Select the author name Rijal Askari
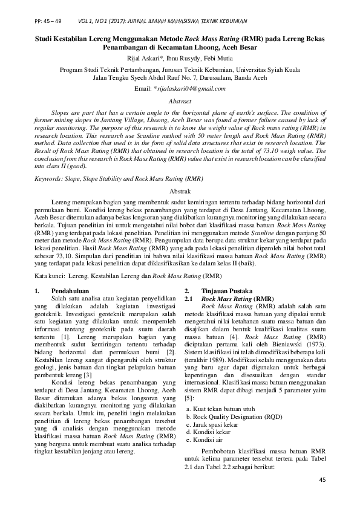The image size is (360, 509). coord(145,58)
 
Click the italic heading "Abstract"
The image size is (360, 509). coord(180,101)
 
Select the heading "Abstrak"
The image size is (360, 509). coord(180,189)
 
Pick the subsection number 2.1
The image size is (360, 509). coord(188,299)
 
